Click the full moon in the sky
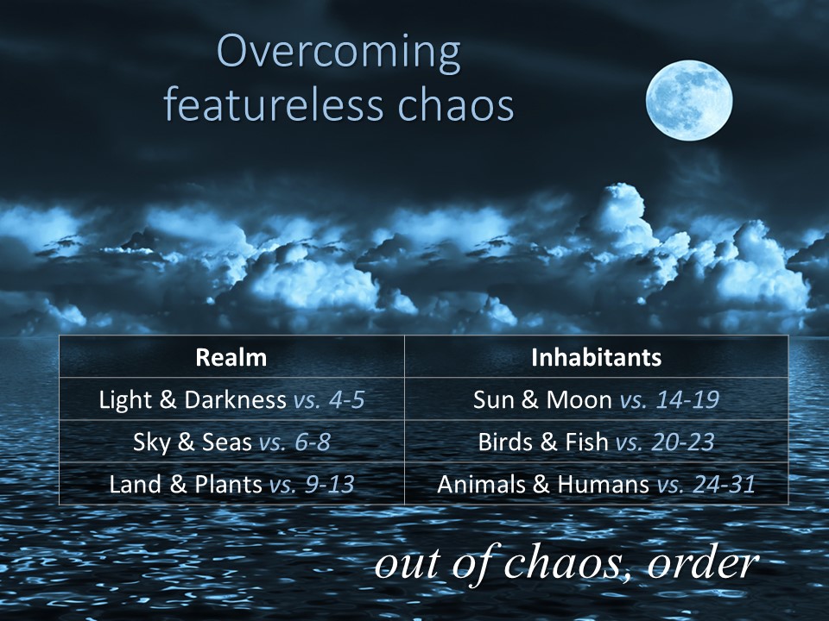[x=689, y=100]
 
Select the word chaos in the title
[x=456, y=103]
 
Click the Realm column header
[x=231, y=357]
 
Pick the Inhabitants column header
[x=597, y=357]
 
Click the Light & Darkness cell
[x=231, y=399]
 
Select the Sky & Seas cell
[x=231, y=442]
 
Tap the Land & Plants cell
[x=231, y=484]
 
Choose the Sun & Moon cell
[x=597, y=399]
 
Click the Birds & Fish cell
[x=597, y=442]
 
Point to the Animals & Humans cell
[x=597, y=484]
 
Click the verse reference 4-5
[x=347, y=399]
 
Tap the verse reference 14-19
[x=687, y=399]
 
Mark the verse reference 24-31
[x=724, y=484]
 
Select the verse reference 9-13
[x=329, y=484]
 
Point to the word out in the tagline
[x=407, y=563]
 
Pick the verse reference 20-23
[x=682, y=442]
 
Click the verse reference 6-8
[x=313, y=442]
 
